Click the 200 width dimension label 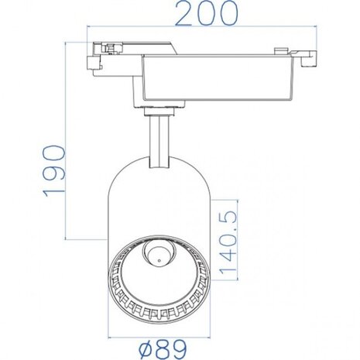[204, 14]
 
